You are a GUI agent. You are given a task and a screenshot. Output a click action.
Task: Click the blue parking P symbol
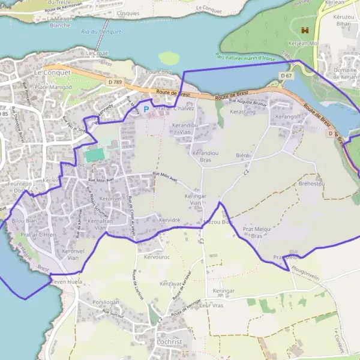146,109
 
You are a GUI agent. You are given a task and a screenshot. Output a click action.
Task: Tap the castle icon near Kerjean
305,29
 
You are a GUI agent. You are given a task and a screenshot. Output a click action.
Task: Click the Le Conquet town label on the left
52,72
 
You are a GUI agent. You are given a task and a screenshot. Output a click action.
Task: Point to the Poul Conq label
158,72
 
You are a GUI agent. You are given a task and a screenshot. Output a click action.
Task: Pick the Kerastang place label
242,112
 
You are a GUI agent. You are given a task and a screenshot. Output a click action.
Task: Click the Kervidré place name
170,220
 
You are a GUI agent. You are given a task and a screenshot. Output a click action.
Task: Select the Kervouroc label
157,257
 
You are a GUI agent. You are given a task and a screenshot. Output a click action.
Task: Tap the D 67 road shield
286,76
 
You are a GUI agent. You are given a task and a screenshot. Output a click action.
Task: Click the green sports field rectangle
94,155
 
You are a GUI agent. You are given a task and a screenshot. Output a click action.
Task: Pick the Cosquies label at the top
128,12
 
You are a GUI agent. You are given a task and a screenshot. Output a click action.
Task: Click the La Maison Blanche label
59,22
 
